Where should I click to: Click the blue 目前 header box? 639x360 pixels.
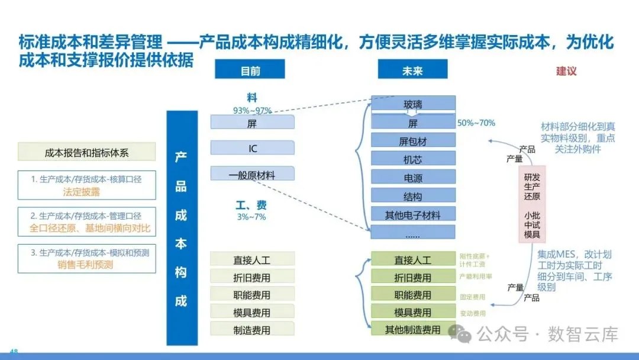point(250,71)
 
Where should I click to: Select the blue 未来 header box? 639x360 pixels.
point(412,71)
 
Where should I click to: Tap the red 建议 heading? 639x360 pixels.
point(566,71)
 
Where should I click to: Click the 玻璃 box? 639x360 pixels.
point(413,105)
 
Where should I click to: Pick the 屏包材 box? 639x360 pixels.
point(413,141)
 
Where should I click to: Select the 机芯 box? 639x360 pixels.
point(413,159)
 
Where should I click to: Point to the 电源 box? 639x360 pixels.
point(413,177)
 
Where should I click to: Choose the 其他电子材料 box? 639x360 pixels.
point(413,214)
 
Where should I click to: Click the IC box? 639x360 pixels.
point(253,148)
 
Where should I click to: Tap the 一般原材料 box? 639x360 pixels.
point(253,174)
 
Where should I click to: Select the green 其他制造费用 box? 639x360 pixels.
point(413,329)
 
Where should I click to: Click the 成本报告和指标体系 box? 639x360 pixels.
point(87,152)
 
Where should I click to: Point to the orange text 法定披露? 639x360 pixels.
point(82,192)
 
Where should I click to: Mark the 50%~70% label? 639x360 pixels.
point(476,123)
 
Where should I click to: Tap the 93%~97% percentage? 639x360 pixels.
point(252,110)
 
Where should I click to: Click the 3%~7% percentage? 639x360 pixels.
point(251,217)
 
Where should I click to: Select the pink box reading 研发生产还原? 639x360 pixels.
point(532,186)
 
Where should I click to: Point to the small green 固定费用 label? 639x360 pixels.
point(472,297)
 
